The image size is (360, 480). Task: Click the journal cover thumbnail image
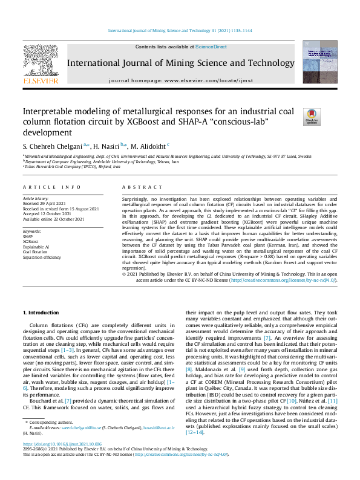(x=320, y=62)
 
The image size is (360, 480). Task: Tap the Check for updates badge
(x=312, y=117)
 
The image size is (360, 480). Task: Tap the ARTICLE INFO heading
(x=51, y=187)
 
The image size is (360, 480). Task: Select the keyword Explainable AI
(x=36, y=247)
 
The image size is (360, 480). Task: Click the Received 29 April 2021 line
(x=46, y=203)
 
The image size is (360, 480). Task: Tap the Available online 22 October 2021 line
(x=53, y=219)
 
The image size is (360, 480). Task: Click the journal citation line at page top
(x=180, y=30)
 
